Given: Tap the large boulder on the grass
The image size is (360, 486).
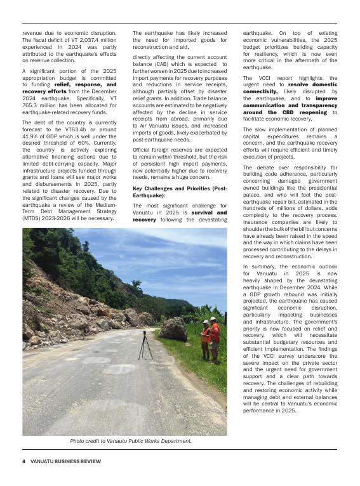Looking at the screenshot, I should tap(173, 329).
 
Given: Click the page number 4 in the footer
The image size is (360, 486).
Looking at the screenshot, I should tap(23, 461).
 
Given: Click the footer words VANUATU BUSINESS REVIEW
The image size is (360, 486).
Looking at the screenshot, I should tap(65, 461).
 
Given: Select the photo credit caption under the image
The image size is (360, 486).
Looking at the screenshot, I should tap(131, 440).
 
